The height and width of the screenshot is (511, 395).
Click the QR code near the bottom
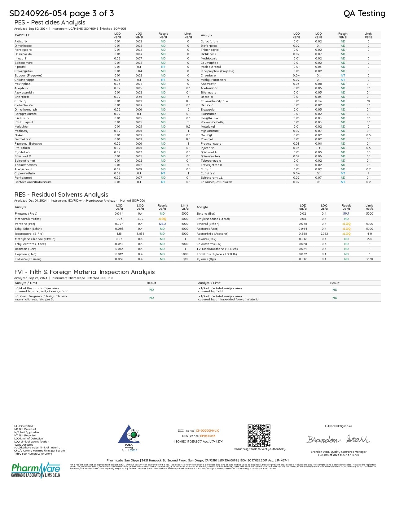tap(259, 435)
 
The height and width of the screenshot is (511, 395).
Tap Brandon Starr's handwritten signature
tap(338, 439)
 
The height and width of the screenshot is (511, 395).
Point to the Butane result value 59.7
tap(346, 214)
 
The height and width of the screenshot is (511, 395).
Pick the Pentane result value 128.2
tap(162, 224)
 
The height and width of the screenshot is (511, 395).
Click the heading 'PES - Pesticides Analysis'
tap(50, 22)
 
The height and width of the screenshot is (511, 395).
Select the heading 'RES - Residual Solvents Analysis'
tap(61, 194)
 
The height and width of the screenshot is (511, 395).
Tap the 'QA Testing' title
tap(364, 13)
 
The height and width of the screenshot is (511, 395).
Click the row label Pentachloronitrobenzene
tap(33, 182)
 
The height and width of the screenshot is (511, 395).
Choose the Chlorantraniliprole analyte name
tap(214, 101)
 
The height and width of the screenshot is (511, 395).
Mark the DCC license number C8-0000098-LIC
tap(207, 431)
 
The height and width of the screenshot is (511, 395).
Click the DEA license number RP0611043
tap(208, 436)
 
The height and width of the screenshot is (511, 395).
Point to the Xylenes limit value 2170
tap(369, 259)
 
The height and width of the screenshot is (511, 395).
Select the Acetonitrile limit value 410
tap(369, 234)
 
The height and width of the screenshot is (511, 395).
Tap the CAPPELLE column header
tap(22, 35)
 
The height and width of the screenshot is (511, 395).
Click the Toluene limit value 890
tap(185, 259)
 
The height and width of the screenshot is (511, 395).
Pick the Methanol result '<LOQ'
tap(162, 219)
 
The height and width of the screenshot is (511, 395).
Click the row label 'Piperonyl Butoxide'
tap(28, 144)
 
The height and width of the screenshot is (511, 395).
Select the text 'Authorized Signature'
tap(338, 426)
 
